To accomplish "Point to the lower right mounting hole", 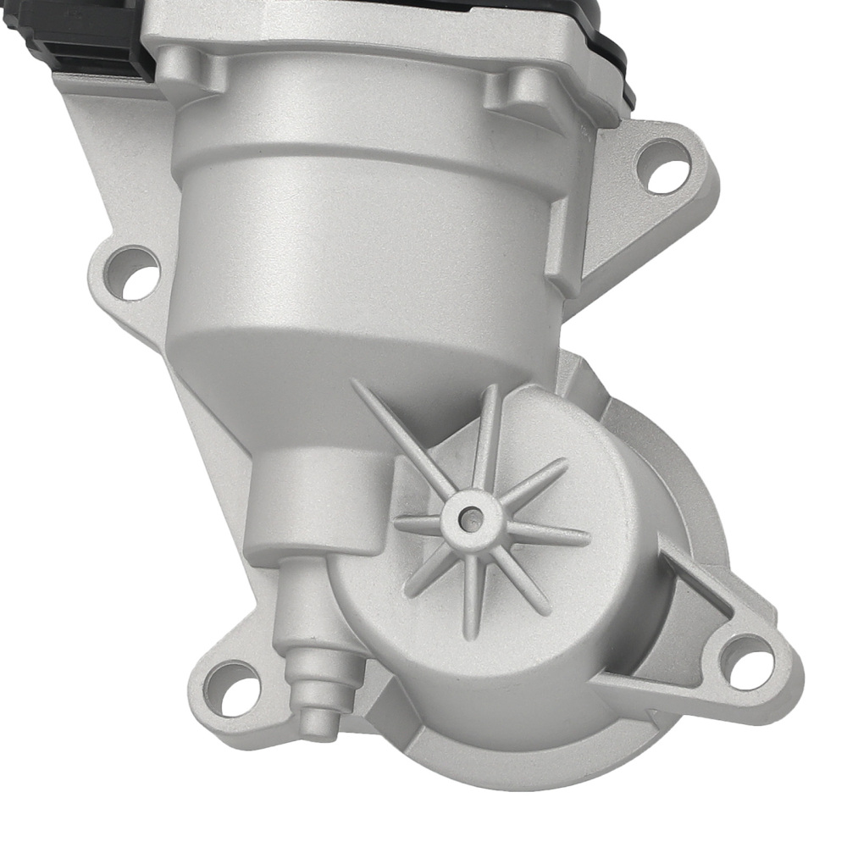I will tap(748, 662).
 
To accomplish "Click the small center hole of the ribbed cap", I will tap(468, 514).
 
